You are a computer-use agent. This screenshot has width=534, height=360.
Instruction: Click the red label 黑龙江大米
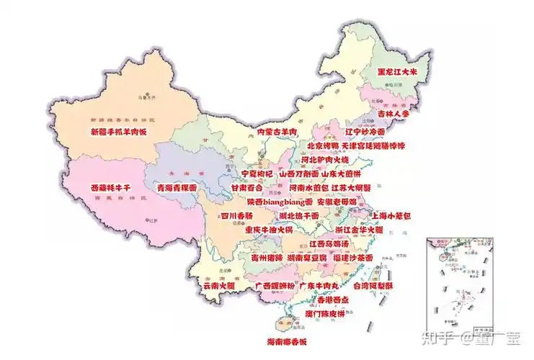403,72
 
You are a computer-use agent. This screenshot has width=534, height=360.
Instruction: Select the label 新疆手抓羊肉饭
119,132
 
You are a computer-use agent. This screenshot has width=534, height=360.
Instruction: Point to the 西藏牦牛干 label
111,188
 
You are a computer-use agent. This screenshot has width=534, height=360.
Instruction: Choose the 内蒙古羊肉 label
277,132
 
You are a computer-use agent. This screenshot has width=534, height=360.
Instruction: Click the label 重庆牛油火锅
268,230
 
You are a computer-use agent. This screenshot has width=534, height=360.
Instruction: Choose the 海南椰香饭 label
287,341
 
